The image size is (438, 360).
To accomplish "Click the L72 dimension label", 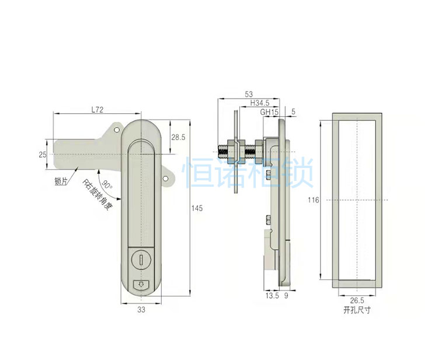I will pos(98,109).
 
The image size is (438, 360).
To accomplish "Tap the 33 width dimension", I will pos(141,310).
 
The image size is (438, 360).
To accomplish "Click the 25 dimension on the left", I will pos(41,154).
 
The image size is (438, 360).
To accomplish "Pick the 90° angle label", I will pos(106,185).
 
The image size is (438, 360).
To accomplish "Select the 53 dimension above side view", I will pos(249,94).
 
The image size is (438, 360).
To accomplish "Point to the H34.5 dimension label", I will pos(260,103).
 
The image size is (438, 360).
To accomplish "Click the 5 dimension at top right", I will pos(293,111).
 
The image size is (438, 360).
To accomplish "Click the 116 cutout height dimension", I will pos(314,200).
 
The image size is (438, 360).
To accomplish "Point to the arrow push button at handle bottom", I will pos(141,285).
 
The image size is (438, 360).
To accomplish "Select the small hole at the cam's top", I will pos(116,130).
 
